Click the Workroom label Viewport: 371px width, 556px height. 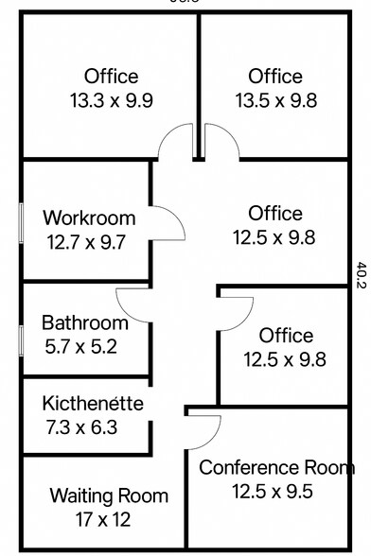coord(89,219)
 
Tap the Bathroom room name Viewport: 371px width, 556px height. coord(84,322)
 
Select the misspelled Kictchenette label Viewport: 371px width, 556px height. coord(93,404)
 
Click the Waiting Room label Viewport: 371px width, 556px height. coord(109,495)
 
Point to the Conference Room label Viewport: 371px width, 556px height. coord(276,467)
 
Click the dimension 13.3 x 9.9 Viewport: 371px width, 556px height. coord(111,99)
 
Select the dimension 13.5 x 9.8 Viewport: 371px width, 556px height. coord(275,99)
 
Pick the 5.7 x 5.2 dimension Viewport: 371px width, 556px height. coord(80,346)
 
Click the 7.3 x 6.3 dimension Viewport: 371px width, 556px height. coord(83,427)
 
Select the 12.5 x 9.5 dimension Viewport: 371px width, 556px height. coord(273,491)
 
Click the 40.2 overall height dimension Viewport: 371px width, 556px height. coord(361,273)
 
